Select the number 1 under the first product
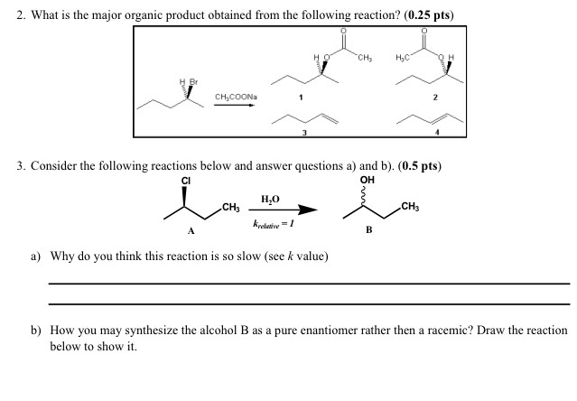click(x=302, y=98)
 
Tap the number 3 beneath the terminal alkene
click(x=304, y=134)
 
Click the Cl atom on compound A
click(x=185, y=180)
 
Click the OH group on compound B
click(x=368, y=180)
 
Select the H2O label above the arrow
click(x=270, y=199)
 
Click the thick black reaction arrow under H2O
click(x=284, y=210)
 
